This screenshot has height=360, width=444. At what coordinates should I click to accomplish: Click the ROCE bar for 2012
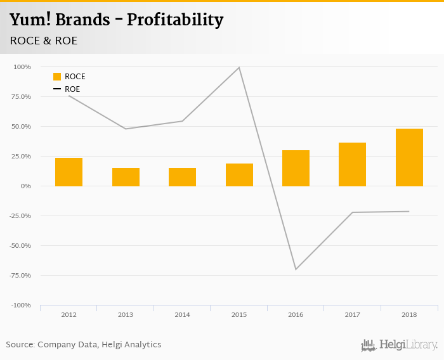[x=69, y=172]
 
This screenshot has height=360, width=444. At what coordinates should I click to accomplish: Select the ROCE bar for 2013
[x=126, y=177]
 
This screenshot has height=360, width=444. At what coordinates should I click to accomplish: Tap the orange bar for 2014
[x=182, y=177]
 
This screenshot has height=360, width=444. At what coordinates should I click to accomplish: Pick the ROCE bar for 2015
[x=239, y=175]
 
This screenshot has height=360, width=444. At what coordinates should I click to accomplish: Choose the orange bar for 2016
[x=296, y=168]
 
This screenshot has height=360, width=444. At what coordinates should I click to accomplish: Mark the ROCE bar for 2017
[x=352, y=164]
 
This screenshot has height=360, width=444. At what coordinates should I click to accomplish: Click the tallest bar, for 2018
[x=409, y=157]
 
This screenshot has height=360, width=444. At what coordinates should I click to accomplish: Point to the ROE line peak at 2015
[x=239, y=67]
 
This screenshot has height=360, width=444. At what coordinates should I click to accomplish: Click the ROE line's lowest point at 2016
[x=296, y=269]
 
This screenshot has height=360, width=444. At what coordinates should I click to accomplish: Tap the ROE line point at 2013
[x=126, y=129]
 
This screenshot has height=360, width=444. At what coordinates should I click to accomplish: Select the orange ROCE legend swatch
[x=57, y=77]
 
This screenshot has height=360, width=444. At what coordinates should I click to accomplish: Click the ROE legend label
[x=72, y=89]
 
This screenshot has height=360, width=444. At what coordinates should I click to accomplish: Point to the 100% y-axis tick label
[x=22, y=67]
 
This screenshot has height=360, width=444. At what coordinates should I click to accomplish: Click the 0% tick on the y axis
[x=25, y=186]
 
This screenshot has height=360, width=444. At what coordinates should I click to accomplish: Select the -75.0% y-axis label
[x=20, y=275]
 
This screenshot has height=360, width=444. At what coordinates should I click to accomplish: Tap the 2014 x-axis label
[x=182, y=314]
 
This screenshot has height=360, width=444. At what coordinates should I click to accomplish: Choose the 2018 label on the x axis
[x=409, y=314]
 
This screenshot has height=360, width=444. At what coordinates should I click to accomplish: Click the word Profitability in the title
[x=175, y=20]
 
